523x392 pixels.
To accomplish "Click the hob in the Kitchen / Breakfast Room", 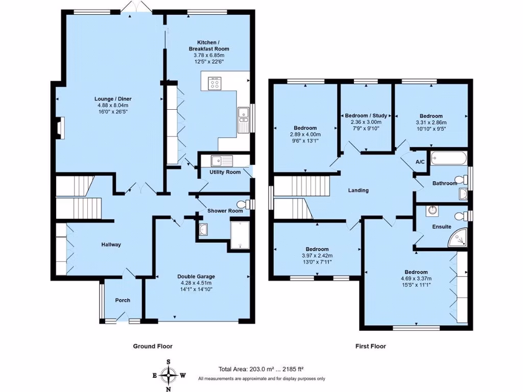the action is pos(214,83).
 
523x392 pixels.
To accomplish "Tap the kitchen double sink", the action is pos(243,120).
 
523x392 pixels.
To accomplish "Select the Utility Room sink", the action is pos(222,161).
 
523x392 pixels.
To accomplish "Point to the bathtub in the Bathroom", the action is pos(448,158).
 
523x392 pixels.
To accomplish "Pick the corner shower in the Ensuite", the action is pos(458,237).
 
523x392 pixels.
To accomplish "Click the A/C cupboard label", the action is pos(420,162).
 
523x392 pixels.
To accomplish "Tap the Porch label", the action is pos(123,300).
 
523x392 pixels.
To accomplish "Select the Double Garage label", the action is pos(196,276).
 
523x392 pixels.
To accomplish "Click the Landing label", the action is pos(358,190).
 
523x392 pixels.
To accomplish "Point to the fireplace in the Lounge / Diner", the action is pos(60,128).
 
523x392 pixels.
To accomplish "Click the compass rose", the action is pos(169,376).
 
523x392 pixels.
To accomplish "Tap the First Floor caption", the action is pos(371,347).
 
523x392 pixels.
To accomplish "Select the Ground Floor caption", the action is pos(153,347).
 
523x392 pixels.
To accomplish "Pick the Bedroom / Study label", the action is pos(366,116).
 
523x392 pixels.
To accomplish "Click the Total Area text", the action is pos(261,369).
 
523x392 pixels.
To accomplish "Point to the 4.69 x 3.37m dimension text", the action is pos(416,279).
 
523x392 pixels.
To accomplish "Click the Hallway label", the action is pos(111,244).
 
